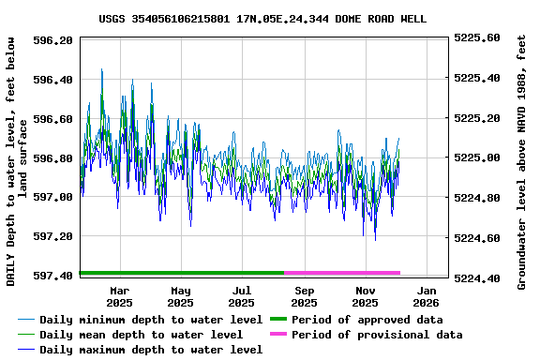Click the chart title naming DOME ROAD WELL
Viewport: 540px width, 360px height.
coord(262,19)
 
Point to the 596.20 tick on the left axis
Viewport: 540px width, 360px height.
coord(53,40)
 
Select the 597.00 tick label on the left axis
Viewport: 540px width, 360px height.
coord(53,197)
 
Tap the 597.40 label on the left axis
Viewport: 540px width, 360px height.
coord(53,276)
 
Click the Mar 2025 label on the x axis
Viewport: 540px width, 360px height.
coord(119,296)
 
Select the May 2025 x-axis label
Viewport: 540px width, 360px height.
coord(181,296)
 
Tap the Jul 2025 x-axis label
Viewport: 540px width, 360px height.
coord(242,296)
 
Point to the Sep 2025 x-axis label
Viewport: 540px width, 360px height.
coord(304,296)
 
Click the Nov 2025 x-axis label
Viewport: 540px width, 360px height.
coord(365,296)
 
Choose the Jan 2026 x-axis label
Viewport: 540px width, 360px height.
coord(427,296)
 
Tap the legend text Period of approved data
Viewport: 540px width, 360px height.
coord(367,320)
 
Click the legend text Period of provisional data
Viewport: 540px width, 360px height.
coord(376,335)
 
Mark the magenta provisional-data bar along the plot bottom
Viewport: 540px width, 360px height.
coord(342,273)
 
